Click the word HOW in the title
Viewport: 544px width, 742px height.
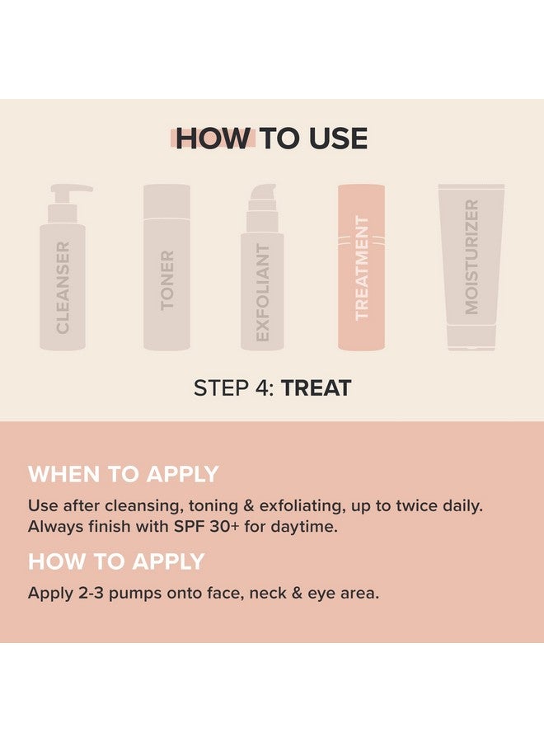211,139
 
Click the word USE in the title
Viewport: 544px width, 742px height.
335,139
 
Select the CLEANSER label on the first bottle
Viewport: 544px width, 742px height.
63,287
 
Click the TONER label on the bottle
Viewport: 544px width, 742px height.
167,280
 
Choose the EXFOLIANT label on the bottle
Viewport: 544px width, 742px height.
262,292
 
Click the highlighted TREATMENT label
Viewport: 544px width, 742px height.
361,267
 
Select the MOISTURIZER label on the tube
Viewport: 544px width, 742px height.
471,256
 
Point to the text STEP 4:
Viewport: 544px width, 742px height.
233,387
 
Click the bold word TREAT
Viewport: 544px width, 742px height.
316,387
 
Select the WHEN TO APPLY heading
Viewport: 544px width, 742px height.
123,474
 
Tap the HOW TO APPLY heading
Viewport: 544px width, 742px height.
116,561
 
